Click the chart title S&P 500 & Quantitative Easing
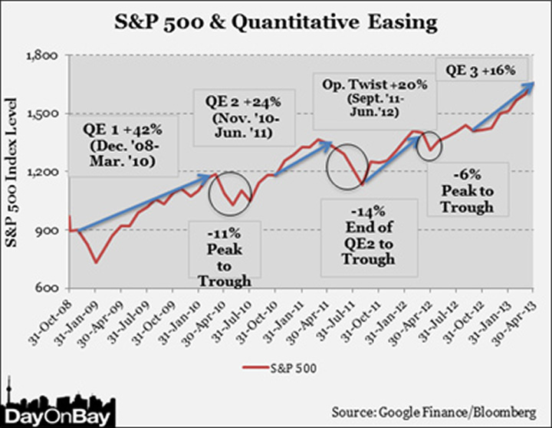(275, 22)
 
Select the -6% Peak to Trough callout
(468, 189)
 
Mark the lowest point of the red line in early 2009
(96, 263)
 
